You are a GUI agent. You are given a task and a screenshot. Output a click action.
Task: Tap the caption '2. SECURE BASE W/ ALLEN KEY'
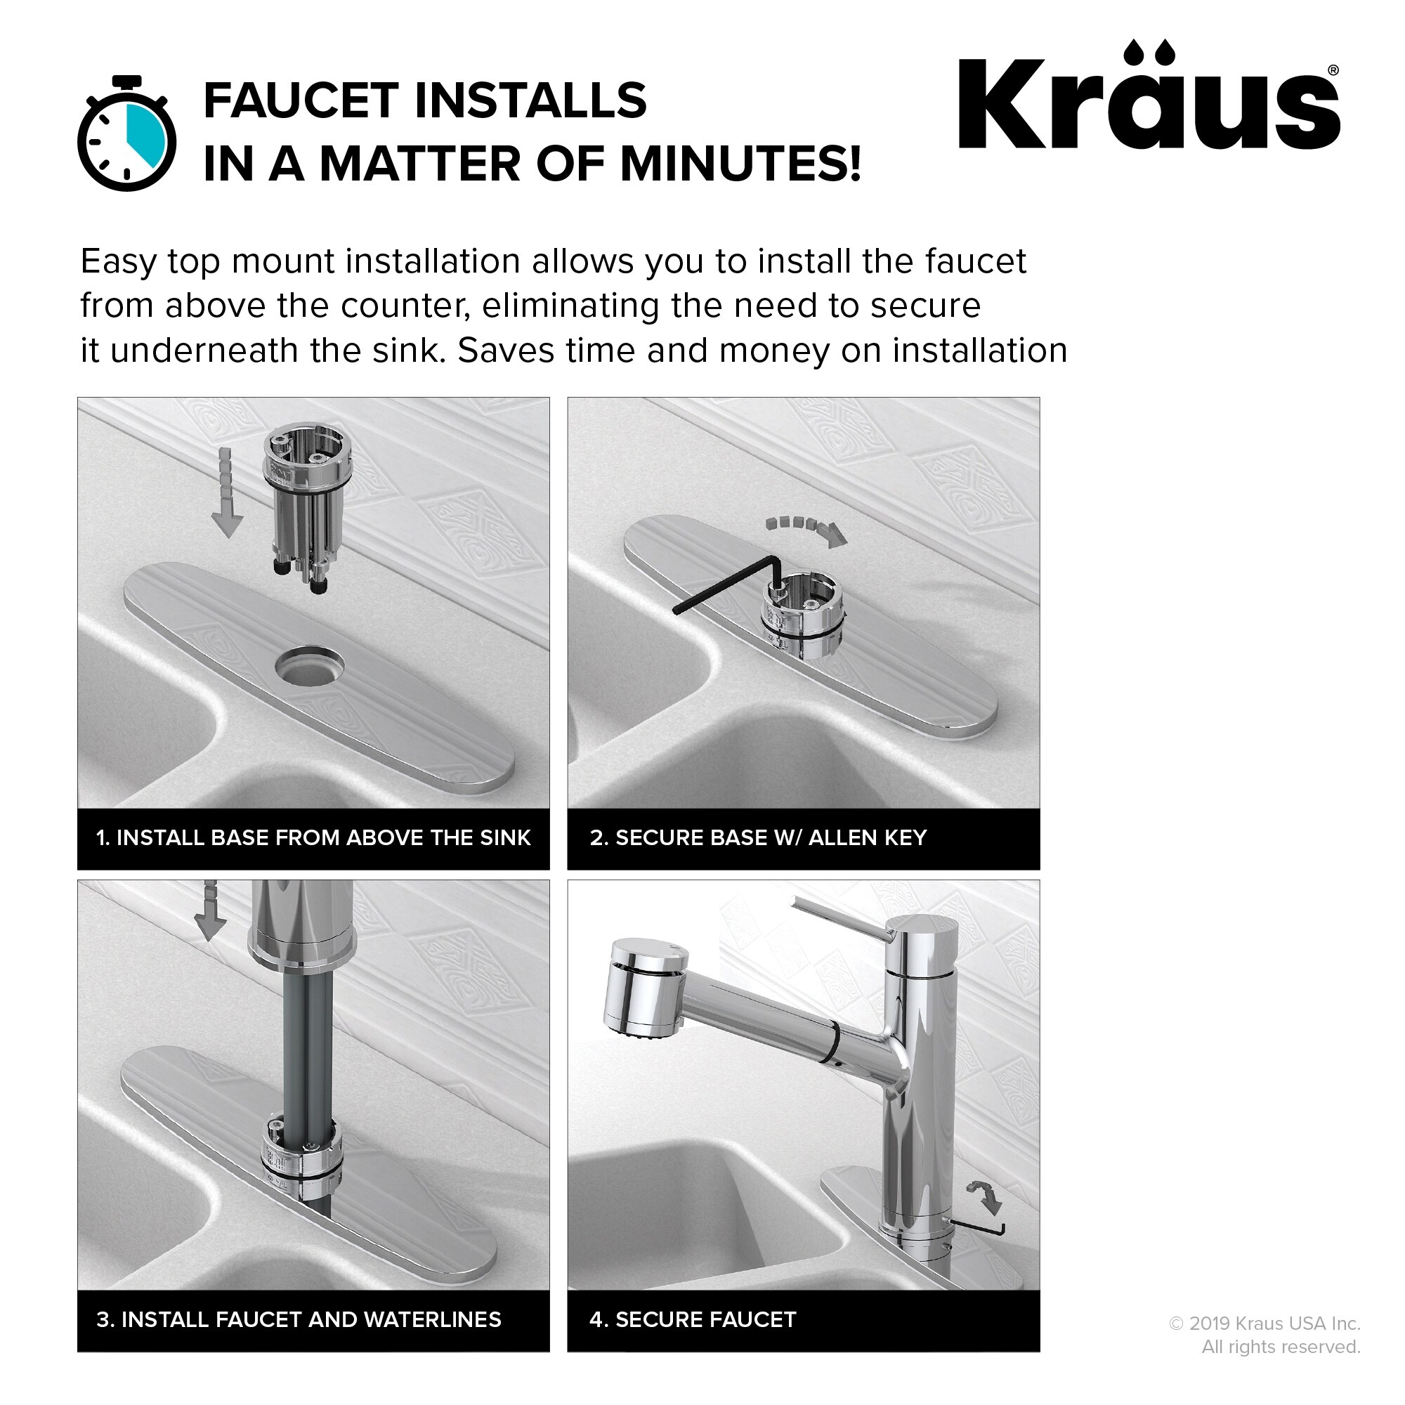click(758, 838)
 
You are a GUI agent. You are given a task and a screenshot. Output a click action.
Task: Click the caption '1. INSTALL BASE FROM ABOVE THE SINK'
click(313, 838)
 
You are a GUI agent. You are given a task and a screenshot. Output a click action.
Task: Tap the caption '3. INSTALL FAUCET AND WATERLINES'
click(299, 1320)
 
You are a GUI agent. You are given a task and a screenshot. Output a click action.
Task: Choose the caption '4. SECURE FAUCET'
click(693, 1320)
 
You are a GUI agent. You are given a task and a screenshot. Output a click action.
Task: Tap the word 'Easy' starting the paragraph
click(118, 262)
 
